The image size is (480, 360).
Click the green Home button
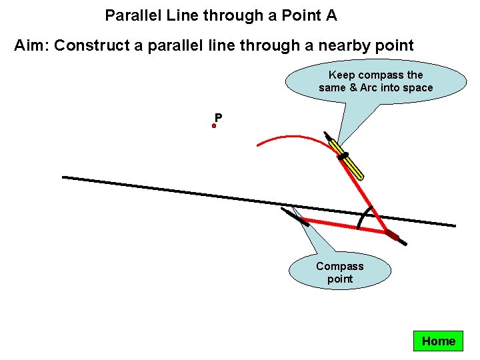click(438, 341)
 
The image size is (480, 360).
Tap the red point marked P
click(215, 125)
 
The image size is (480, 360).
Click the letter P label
click(219, 118)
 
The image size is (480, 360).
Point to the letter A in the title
click(331, 15)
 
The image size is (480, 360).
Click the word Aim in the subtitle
click(29, 45)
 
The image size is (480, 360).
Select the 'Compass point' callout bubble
click(339, 271)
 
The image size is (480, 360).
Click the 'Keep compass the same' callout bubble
click(375, 81)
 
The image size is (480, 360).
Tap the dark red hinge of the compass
click(391, 235)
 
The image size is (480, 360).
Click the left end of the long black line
click(64, 177)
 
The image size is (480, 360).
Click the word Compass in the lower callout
click(339, 266)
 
